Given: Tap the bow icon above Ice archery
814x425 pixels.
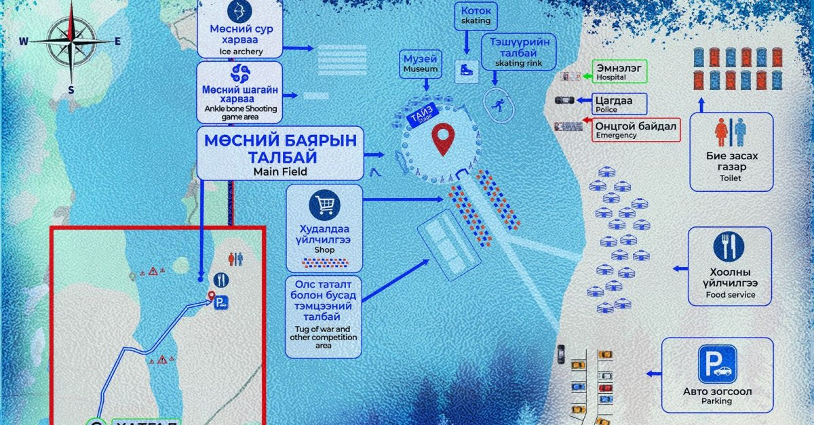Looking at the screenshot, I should (x=239, y=12).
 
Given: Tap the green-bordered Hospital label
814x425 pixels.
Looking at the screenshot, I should (x=620, y=71).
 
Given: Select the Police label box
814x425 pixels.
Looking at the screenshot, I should (x=620, y=104).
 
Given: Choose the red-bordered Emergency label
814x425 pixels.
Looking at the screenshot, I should (x=636, y=129).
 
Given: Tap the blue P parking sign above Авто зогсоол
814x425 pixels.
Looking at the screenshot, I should (x=718, y=365).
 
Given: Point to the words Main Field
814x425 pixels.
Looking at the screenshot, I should (x=280, y=171).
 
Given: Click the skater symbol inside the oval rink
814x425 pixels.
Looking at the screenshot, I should (x=498, y=104).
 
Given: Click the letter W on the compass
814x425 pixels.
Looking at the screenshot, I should (x=24, y=41).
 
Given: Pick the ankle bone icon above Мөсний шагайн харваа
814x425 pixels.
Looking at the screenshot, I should (x=239, y=73).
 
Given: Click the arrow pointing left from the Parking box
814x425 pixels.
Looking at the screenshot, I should (x=653, y=373).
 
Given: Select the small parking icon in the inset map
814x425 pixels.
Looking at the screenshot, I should (x=221, y=305).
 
